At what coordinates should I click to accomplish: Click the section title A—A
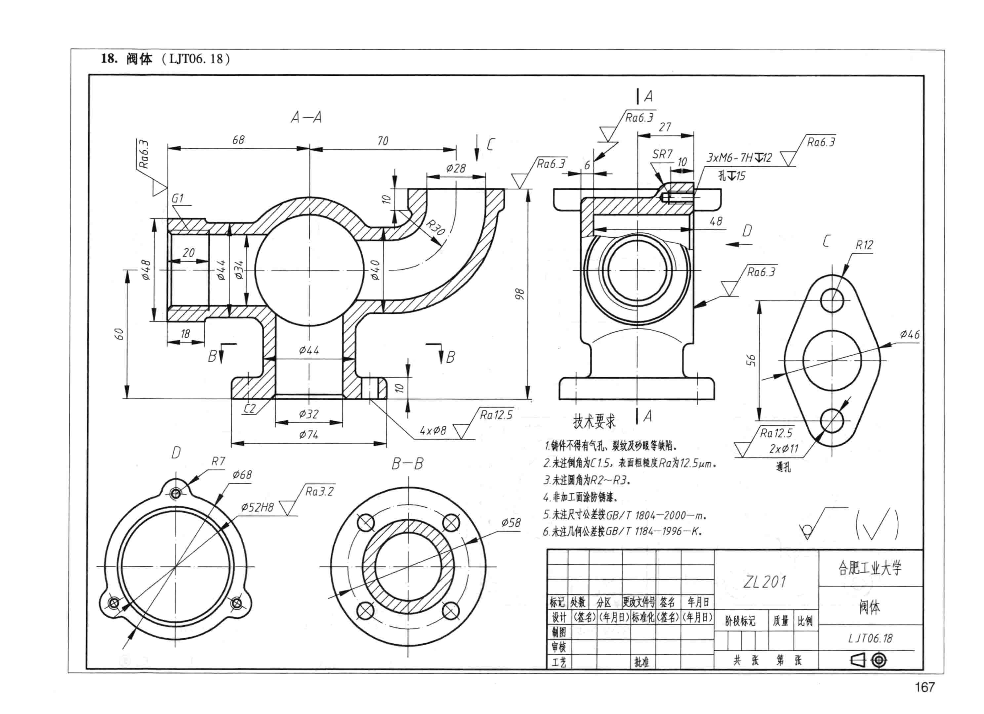tap(306, 117)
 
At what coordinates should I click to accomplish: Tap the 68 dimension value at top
tap(238, 140)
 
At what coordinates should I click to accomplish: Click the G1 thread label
tap(178, 198)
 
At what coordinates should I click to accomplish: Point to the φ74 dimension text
tap(309, 434)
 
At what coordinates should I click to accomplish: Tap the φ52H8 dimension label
tap(257, 507)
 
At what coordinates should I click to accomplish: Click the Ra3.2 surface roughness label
tap(319, 491)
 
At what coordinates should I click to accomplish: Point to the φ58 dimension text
tap(511, 523)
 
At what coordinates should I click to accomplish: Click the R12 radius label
tap(864, 245)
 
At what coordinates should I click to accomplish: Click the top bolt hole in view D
tap(176, 493)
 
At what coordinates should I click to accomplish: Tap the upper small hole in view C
tap(832, 300)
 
